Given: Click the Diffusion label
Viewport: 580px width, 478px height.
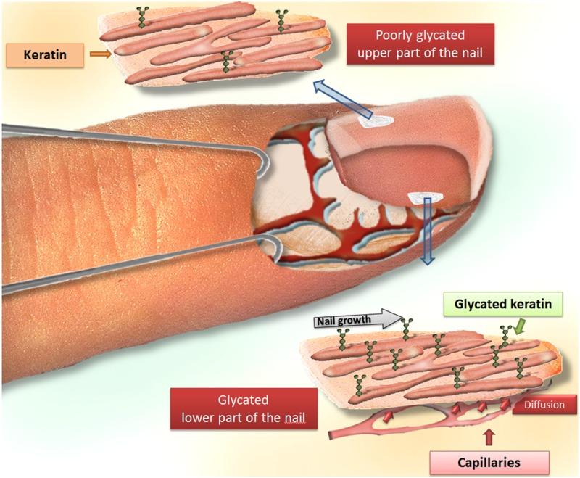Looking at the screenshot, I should pyautogui.click(x=544, y=405).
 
